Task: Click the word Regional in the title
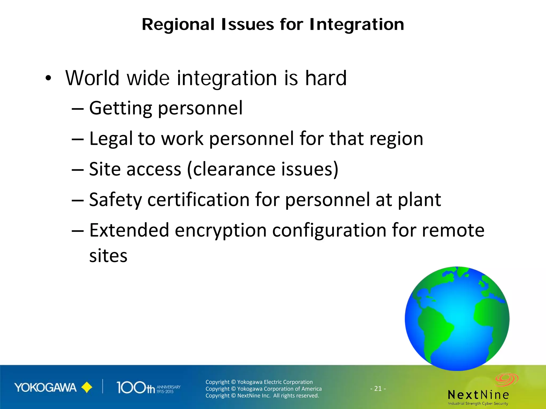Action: (178, 24)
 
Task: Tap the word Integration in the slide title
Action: (357, 25)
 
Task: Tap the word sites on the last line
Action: (108, 256)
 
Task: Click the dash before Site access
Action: (78, 170)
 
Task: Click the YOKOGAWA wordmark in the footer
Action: (45, 388)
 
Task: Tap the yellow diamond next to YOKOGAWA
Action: (87, 388)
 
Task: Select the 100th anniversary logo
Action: (148, 388)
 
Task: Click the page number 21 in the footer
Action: (378, 389)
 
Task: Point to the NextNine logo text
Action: (478, 395)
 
